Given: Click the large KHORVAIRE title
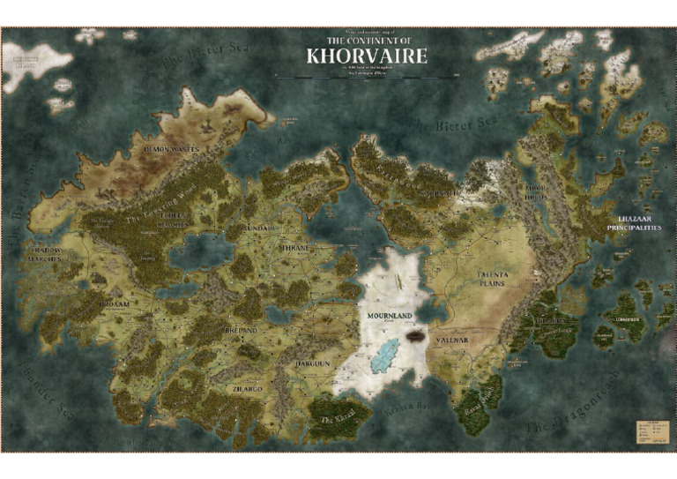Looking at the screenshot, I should point(366,56).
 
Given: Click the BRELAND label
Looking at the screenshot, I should point(240,330).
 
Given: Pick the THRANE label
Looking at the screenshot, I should point(294,249).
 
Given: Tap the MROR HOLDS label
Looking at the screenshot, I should point(536,194).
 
